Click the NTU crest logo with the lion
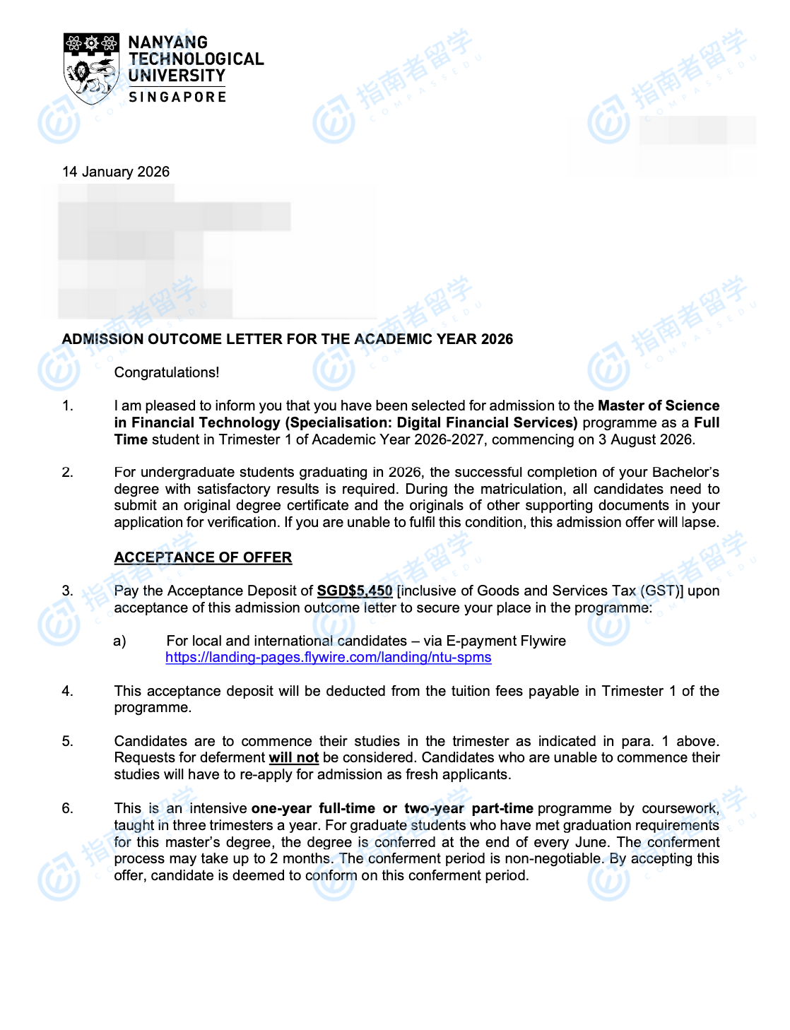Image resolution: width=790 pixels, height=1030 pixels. (91, 68)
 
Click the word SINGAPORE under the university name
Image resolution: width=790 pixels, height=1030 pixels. (177, 97)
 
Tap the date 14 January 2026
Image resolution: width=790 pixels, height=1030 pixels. (116, 172)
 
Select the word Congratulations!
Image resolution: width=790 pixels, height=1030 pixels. (167, 372)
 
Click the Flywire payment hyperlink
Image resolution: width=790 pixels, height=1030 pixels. (328, 658)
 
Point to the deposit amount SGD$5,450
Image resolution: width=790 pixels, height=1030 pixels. (354, 591)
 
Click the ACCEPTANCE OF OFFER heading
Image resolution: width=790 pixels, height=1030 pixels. (203, 557)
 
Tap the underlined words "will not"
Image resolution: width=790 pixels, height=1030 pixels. (293, 758)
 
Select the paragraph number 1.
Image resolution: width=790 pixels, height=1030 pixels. (68, 406)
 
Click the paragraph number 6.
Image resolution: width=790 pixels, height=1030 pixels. (68, 808)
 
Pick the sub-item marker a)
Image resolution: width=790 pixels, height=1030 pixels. (119, 641)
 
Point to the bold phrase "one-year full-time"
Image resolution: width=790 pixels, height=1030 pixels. (313, 808)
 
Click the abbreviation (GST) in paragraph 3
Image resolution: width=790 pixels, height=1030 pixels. (661, 591)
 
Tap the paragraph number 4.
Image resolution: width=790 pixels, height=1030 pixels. (68, 691)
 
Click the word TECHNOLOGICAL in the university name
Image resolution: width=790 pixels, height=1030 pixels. (196, 59)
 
